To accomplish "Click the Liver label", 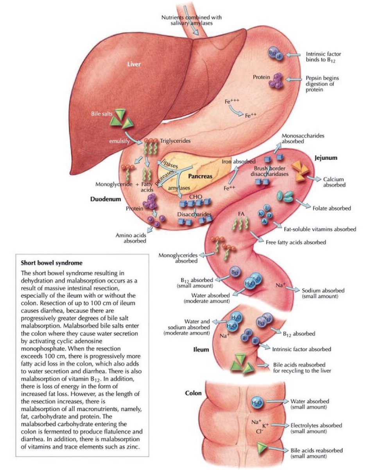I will (x=134, y=64).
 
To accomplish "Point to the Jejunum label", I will (x=326, y=158).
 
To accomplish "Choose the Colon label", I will (x=193, y=393).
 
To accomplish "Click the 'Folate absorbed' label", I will (x=330, y=208).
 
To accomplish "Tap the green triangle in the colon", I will (x=262, y=448).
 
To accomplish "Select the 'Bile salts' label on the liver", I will (x=100, y=114).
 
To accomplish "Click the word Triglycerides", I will (x=176, y=141).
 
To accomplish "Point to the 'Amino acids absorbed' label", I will (x=131, y=238).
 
